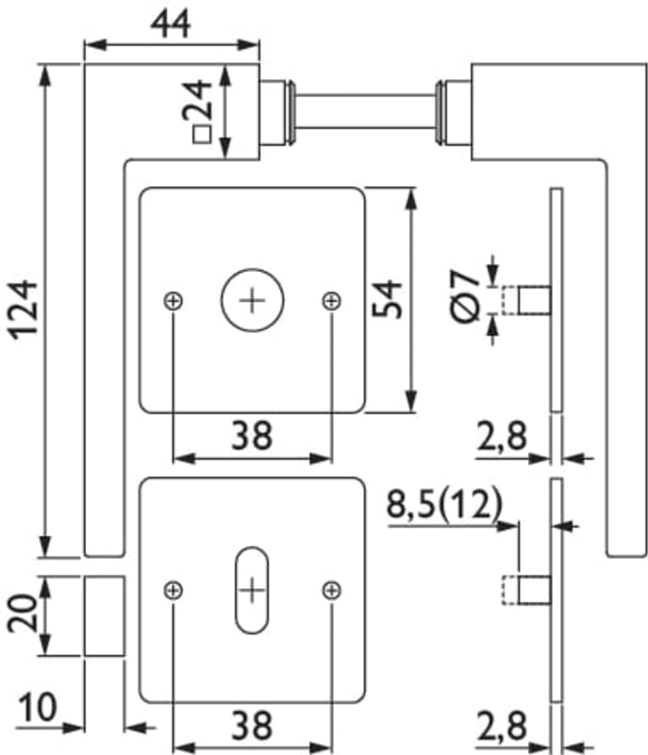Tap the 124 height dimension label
click(21, 309)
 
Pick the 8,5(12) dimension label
click(443, 506)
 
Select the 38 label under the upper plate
click(252, 436)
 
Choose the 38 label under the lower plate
click(252, 725)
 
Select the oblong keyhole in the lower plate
click(252, 591)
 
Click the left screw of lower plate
click(173, 591)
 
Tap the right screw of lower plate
click(331, 591)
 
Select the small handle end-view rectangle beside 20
click(104, 616)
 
